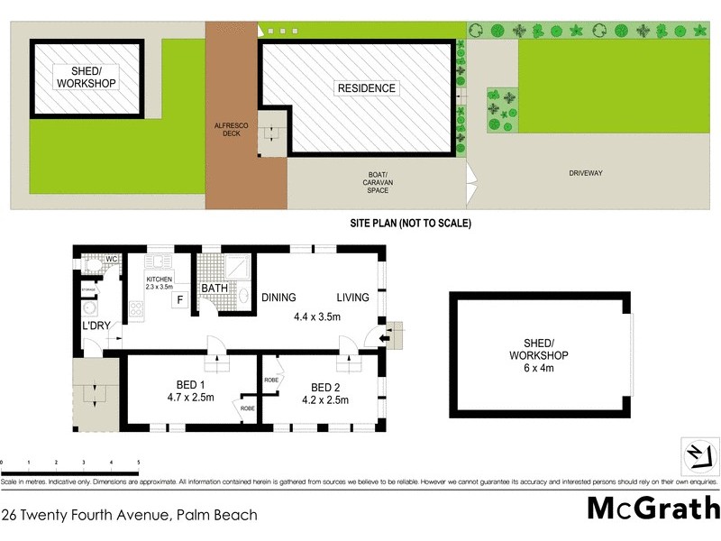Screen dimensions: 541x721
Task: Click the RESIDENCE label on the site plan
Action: pyautogui.click(x=366, y=88)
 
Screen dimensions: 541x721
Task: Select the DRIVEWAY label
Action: pyautogui.click(x=586, y=172)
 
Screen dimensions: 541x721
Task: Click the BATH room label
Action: pyautogui.click(x=214, y=289)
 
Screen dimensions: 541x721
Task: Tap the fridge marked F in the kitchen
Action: pyautogui.click(x=180, y=301)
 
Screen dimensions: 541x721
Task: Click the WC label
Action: pyautogui.click(x=112, y=260)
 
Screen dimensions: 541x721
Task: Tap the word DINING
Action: pyautogui.click(x=278, y=298)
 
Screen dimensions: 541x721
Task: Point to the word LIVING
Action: pyautogui.click(x=353, y=298)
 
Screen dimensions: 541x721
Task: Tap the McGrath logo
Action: pyautogui.click(x=653, y=508)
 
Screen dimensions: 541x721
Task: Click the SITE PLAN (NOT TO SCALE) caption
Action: pyautogui.click(x=410, y=223)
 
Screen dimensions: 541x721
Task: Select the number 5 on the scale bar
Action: pyautogui.click(x=139, y=462)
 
